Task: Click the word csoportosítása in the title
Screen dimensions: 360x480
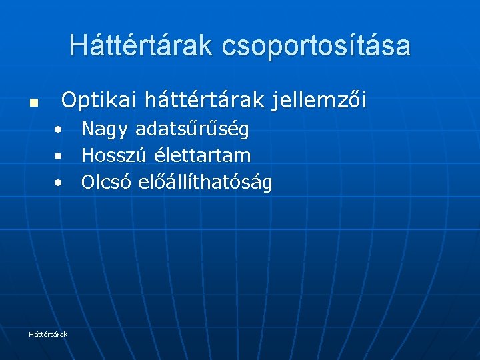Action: click(316, 46)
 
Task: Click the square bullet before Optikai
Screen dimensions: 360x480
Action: click(33, 104)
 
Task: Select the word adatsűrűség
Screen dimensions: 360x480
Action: click(192, 129)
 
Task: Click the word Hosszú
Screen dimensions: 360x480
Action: click(113, 155)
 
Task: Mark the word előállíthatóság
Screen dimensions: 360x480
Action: click(205, 183)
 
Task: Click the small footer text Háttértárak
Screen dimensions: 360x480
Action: click(48, 334)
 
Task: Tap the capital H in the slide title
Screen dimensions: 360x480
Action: click(77, 45)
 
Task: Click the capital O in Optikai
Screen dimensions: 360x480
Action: click(69, 101)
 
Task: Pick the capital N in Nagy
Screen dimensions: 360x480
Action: click(88, 129)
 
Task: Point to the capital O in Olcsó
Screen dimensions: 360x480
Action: click(88, 182)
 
